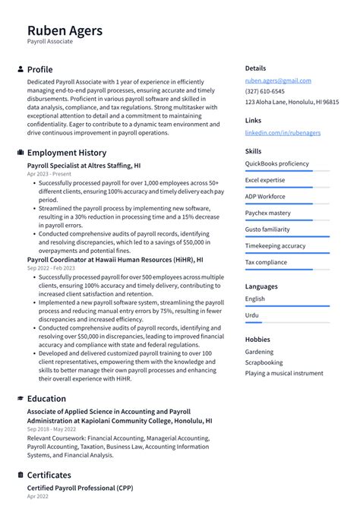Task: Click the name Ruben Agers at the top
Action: click(65, 31)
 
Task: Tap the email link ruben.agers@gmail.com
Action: click(278, 81)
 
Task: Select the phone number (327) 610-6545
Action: click(265, 91)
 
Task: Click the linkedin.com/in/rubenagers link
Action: click(283, 132)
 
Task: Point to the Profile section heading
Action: click(39, 69)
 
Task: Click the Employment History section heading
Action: click(67, 153)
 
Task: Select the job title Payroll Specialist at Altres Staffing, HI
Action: click(84, 165)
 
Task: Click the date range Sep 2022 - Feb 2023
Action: click(51, 268)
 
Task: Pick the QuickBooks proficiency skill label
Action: click(276, 163)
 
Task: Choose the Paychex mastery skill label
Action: click(267, 213)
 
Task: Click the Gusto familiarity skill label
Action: click(267, 229)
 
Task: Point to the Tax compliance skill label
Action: click(266, 262)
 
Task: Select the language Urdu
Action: click(252, 315)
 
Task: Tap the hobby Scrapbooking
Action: click(264, 362)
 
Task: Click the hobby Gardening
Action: click(259, 352)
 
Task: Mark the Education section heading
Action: click(46, 399)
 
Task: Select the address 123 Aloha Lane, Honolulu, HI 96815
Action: click(292, 102)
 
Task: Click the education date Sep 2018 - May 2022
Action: click(52, 429)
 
